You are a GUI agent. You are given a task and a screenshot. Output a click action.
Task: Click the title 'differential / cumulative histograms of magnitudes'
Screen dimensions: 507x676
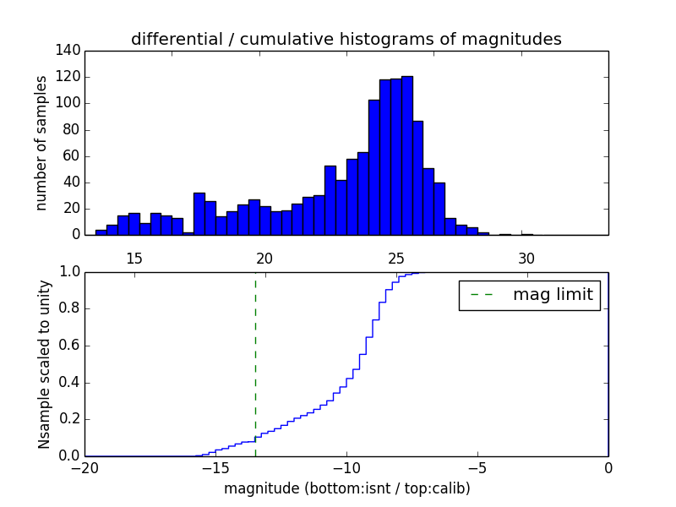[x=346, y=39]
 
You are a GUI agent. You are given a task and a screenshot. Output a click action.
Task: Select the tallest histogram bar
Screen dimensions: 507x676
[x=406, y=155]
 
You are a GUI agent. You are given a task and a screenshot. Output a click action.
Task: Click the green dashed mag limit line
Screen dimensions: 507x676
[x=255, y=363]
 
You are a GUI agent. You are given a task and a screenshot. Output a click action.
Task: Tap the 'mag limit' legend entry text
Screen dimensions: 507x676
[x=553, y=295]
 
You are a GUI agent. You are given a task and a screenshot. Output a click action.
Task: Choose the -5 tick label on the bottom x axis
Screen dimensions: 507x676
[x=477, y=466]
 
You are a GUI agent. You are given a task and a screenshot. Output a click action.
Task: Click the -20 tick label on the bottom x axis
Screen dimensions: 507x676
[x=85, y=466]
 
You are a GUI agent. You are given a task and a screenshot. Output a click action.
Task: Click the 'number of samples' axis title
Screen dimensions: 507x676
[x=41, y=143]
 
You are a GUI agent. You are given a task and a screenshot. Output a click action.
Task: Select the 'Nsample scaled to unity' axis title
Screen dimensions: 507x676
[x=44, y=364]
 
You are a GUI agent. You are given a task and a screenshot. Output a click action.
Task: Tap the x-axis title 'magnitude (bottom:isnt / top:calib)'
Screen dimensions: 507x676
[x=346, y=488]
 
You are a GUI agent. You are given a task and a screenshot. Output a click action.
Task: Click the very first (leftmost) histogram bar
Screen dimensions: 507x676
[x=101, y=232]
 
